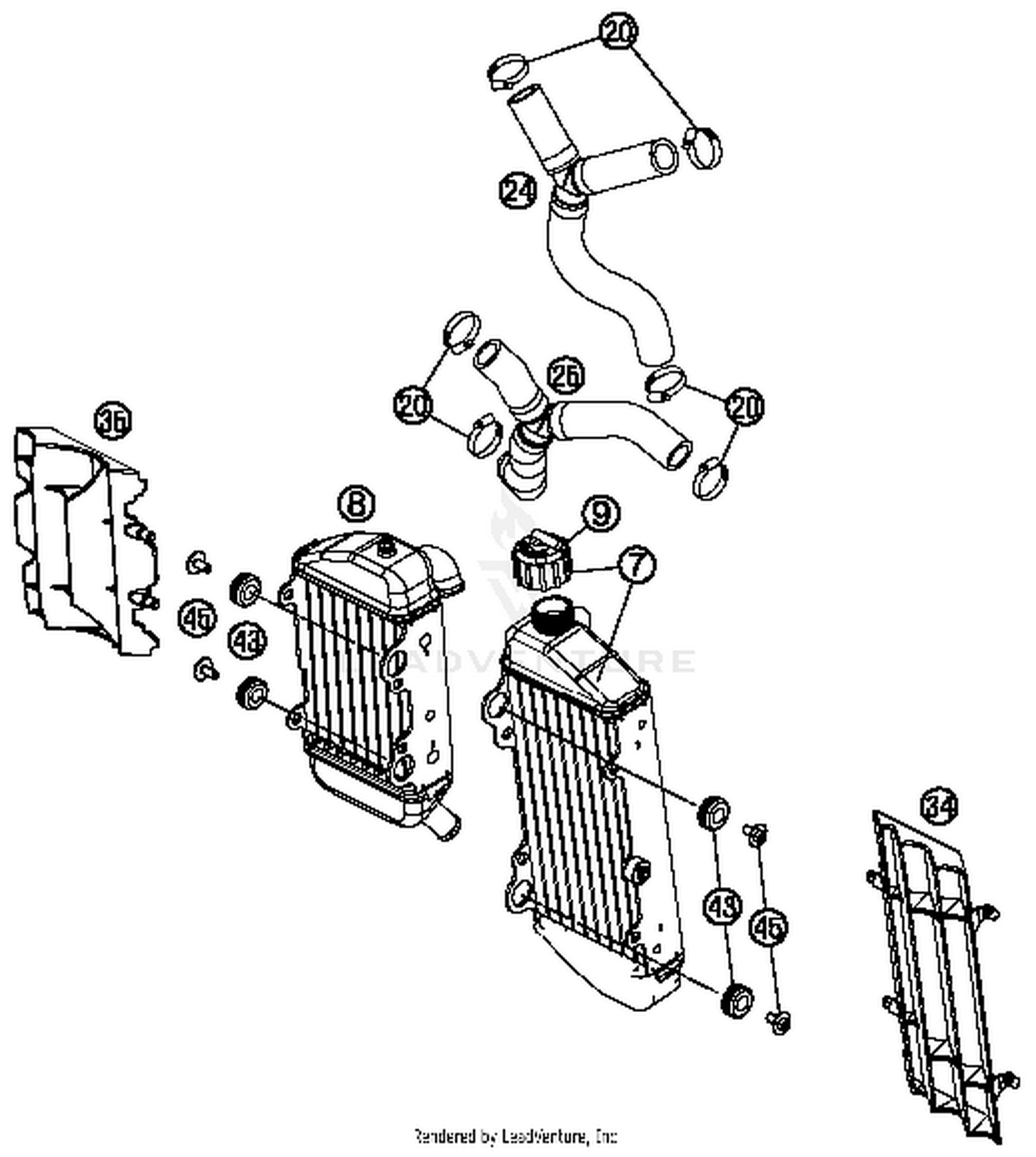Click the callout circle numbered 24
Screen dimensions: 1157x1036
[519, 191]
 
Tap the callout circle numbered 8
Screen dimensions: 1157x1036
[356, 503]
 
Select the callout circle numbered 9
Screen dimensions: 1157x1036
[600, 514]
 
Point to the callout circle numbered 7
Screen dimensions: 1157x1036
[636, 564]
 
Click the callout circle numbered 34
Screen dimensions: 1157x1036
[940, 807]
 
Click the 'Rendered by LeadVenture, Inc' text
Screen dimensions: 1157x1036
[515, 1135]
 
